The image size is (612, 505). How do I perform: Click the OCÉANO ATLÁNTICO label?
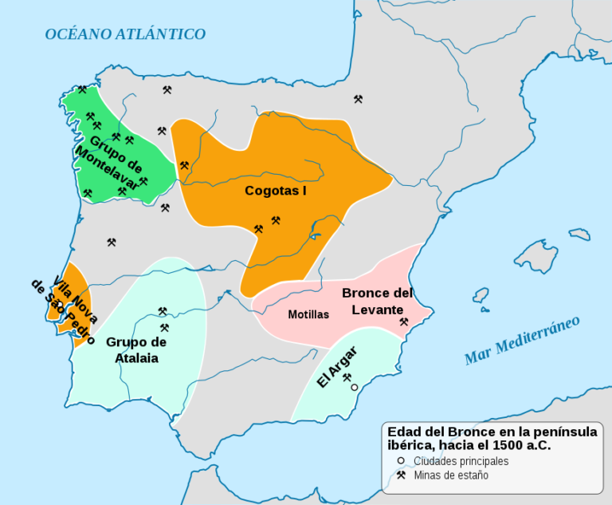click(x=125, y=34)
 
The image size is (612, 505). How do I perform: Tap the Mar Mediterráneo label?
click(x=523, y=341)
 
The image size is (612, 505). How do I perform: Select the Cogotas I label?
click(x=276, y=191)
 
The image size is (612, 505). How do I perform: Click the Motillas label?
click(x=308, y=314)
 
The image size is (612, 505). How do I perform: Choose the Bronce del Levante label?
click(x=378, y=301)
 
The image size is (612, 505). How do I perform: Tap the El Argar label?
click(x=336, y=368)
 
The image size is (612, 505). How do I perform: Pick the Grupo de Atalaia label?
click(x=136, y=350)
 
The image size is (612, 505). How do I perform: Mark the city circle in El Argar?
click(x=355, y=387)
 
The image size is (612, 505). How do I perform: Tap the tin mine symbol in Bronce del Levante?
click(x=403, y=322)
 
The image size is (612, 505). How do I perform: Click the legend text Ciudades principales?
click(x=461, y=461)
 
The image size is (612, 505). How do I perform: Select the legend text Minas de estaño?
click(x=451, y=475)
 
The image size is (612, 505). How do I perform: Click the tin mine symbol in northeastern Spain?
click(x=359, y=100)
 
